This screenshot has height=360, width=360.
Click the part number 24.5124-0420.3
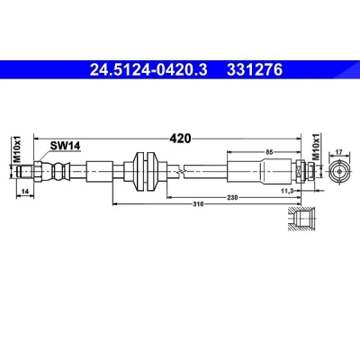coord(148,70)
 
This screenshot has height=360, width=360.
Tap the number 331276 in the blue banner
coord(255,70)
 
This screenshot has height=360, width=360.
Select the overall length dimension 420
coord(180,139)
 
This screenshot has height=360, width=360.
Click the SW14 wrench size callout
coord(65,146)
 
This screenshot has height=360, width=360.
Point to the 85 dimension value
coord(269,152)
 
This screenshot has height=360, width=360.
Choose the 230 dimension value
coord(232,197)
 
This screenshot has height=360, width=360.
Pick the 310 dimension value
coord(198,204)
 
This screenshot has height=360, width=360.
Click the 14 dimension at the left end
coord(25,191)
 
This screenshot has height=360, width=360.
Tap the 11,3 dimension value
coord(287,191)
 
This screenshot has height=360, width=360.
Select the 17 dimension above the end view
coord(338,152)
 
